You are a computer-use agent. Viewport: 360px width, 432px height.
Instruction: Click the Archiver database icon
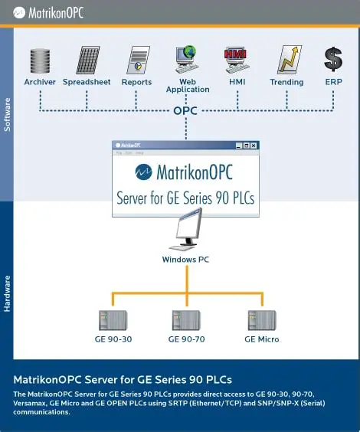39,61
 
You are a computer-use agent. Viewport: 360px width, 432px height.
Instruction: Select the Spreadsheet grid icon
87,61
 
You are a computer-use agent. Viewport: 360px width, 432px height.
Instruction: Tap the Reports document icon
137,61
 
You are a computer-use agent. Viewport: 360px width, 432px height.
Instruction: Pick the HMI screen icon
236,61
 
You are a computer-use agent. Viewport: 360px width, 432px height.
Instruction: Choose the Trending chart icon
287,61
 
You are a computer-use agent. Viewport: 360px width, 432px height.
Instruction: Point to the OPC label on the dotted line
186,110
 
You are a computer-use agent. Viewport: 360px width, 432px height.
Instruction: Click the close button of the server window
254,145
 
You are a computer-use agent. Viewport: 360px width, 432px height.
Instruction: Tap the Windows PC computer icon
186,231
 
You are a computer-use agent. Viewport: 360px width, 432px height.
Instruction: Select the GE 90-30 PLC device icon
113,319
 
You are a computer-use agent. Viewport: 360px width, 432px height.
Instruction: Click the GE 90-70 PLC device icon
186,319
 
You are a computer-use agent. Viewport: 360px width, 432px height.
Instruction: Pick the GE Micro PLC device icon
261,319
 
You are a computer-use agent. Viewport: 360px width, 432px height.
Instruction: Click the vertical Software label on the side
8,113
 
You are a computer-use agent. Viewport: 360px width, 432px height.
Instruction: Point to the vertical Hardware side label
8,293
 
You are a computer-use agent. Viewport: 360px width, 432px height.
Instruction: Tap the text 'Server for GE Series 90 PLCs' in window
185,197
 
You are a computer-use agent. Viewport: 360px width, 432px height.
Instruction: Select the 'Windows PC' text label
186,260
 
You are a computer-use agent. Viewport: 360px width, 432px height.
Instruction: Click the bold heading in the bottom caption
123,380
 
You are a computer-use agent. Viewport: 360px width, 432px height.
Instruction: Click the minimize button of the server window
238,145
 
